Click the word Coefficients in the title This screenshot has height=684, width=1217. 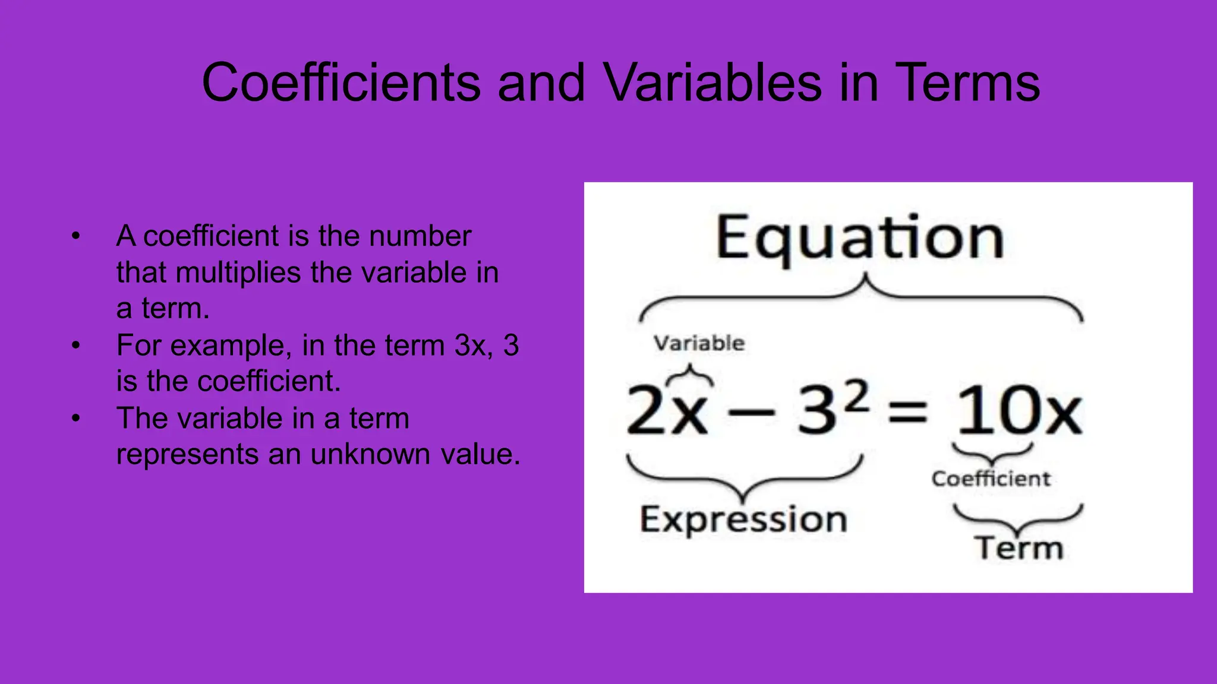click(x=340, y=83)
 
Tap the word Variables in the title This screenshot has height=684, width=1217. click(x=712, y=83)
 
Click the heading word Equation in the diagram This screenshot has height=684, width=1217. click(x=859, y=237)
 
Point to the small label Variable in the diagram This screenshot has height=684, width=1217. click(x=699, y=343)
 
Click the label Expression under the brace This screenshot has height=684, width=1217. click(x=743, y=520)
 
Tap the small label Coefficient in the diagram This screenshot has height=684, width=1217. click(x=991, y=479)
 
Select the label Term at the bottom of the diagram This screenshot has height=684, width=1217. click(x=1019, y=547)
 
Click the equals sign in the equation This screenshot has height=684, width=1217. click(x=907, y=411)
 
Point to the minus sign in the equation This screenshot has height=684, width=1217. click(x=751, y=411)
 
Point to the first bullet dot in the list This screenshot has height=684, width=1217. click(x=75, y=236)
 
